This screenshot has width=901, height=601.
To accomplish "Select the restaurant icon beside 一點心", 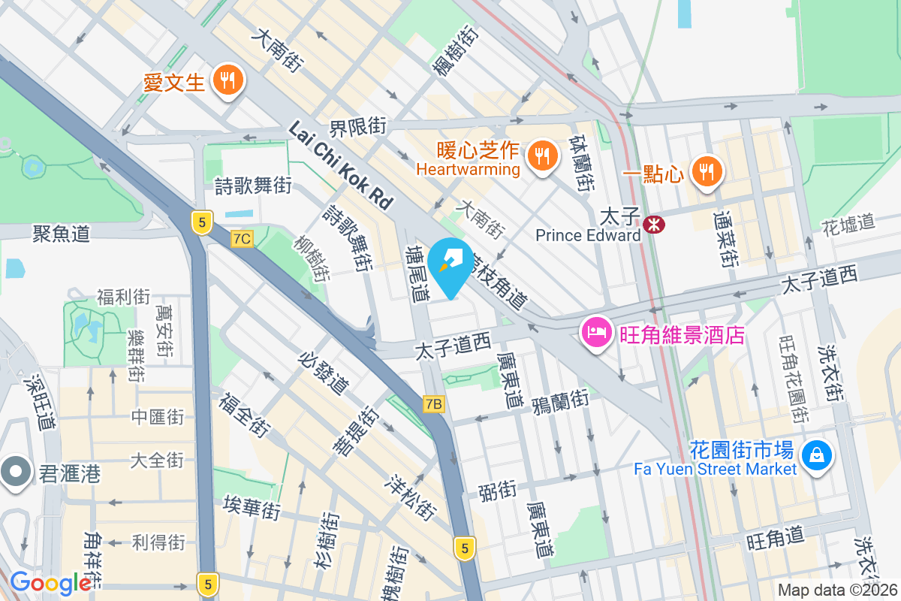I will pyautogui.click(x=706, y=171).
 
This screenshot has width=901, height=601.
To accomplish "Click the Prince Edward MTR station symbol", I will pyautogui.click(x=652, y=222).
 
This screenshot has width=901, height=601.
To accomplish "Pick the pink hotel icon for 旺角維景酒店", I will pyautogui.click(x=596, y=331).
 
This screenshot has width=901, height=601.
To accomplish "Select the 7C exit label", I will pyautogui.click(x=242, y=239).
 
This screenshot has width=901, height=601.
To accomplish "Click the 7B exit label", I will pyautogui.click(x=434, y=405).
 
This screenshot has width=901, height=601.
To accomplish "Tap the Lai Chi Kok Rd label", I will pyautogui.click(x=341, y=166).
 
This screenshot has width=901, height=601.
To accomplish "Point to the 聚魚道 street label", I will pyautogui.click(x=61, y=233).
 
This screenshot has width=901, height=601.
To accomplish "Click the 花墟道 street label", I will pyautogui.click(x=848, y=222).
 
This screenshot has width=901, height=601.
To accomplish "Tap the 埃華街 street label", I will pyautogui.click(x=252, y=508).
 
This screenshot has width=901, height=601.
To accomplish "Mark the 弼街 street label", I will pyautogui.click(x=497, y=491).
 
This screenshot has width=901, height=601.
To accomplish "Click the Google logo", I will pyautogui.click(x=50, y=583).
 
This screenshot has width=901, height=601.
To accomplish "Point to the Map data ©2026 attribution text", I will pyautogui.click(x=837, y=590).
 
